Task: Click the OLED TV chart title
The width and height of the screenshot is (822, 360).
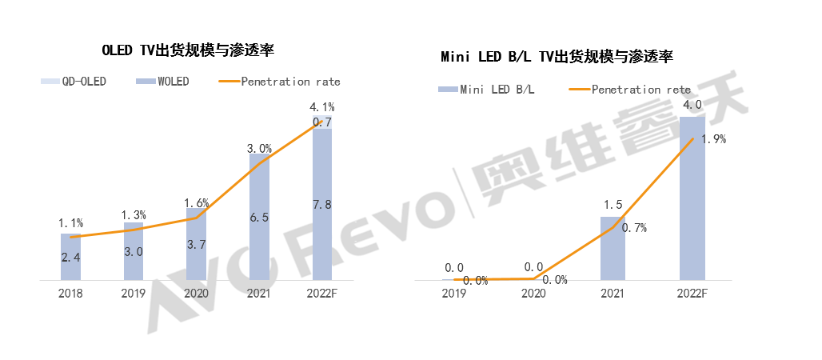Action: click(188, 50)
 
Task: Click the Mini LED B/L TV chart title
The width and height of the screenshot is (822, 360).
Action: click(557, 57)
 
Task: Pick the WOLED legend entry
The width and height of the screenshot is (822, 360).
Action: click(163, 82)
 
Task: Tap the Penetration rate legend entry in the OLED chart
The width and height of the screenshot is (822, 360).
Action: click(279, 82)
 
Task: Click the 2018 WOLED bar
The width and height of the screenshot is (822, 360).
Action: click(71, 257)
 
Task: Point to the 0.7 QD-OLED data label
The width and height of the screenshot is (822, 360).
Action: click(322, 122)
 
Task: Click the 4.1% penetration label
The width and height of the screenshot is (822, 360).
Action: click(322, 106)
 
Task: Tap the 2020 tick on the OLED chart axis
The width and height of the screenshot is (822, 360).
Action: click(196, 293)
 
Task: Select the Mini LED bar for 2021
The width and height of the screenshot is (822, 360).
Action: click(613, 248)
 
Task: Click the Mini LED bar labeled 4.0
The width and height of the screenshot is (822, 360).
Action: click(692, 198)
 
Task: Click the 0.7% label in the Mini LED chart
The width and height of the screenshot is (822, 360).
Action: click(634, 228)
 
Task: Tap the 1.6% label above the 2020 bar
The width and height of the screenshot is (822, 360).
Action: click(196, 203)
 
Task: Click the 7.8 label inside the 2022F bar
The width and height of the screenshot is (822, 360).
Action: click(322, 205)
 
